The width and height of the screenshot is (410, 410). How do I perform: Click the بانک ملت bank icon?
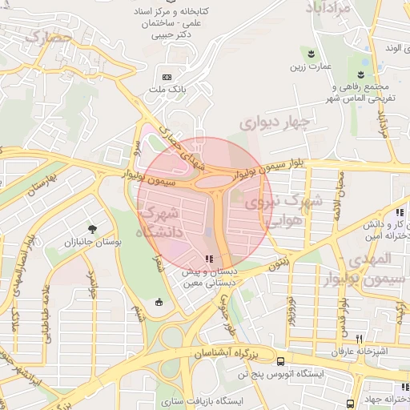pos(167,77)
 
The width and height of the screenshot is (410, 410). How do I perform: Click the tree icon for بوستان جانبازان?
pos(94,228)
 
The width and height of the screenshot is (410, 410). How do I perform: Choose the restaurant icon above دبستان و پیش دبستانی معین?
pos(209,258)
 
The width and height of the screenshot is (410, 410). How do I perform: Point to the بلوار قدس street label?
pos(344,316)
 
